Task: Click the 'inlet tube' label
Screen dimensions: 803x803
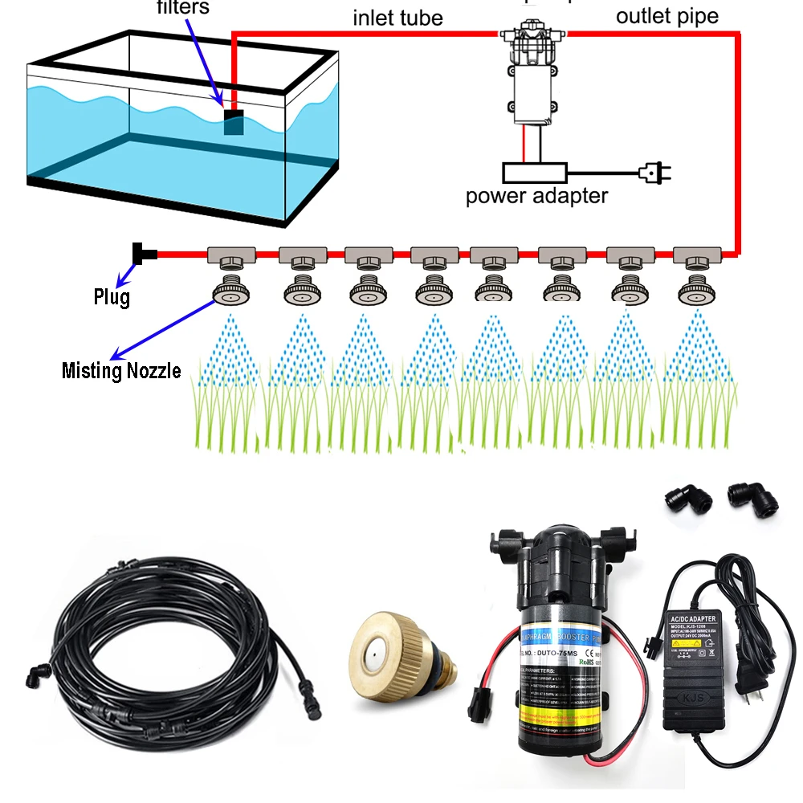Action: tap(397, 17)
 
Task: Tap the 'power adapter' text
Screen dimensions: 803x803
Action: tap(536, 195)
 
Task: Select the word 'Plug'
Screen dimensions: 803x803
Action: tap(111, 298)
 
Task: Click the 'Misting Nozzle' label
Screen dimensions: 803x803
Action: tap(121, 371)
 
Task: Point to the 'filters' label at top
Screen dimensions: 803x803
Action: tap(182, 8)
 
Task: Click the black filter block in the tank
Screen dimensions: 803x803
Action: tap(234, 122)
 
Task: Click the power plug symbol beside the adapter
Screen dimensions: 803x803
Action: tap(652, 171)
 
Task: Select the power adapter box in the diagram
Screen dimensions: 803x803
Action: tap(534, 172)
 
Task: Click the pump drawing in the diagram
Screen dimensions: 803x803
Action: tap(532, 72)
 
